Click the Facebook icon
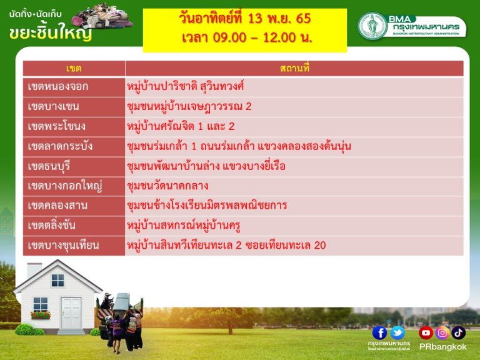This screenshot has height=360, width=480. (379, 333)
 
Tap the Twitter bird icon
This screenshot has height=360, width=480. (397, 333)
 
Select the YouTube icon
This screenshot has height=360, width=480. (426, 333)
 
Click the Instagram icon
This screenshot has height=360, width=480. (442, 333)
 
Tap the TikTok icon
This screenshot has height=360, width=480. (458, 333)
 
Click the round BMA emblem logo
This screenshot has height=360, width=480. (373, 26)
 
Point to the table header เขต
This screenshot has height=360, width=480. (74, 68)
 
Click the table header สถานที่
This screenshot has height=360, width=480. (295, 68)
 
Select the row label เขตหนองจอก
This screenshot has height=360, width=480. (58, 87)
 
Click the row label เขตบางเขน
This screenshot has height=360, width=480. (53, 106)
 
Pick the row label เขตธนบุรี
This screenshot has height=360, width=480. (49, 166)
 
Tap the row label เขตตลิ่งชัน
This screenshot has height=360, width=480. (51, 226)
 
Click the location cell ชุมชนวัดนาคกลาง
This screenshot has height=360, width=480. (167, 186)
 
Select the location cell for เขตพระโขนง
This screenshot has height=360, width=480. (181, 126)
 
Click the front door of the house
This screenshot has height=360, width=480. (71, 313)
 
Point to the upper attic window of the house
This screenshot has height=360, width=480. (57, 281)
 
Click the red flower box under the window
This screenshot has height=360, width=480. (41, 315)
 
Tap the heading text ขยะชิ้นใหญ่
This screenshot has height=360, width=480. (51, 33)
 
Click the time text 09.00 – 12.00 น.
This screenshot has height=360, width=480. (262, 37)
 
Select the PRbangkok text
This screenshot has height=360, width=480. (442, 347)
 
